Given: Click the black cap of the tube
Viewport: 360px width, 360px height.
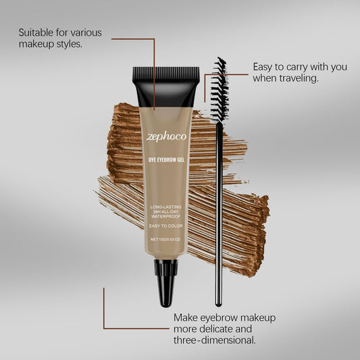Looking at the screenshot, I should (166, 84).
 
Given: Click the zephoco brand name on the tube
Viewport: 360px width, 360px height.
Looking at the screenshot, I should (166, 136).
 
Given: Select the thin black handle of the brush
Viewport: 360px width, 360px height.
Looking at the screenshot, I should (218, 216).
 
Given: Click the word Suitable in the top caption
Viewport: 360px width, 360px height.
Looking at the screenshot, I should (37, 32).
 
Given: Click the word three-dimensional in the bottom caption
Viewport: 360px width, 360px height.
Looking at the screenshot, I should (215, 340).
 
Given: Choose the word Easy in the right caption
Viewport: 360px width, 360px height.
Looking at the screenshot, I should (264, 67).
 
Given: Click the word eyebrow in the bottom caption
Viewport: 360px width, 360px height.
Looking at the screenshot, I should (222, 317).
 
